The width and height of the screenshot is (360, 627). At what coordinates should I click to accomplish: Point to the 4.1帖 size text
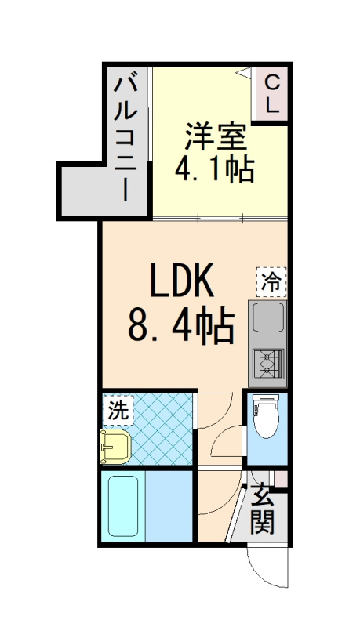coord(214,169)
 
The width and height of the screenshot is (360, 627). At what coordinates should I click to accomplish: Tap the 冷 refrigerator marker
coord(271,281)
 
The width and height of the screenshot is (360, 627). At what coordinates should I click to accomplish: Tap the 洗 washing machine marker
coord(118,408)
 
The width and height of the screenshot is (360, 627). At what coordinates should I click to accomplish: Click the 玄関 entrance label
coord(262,509)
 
